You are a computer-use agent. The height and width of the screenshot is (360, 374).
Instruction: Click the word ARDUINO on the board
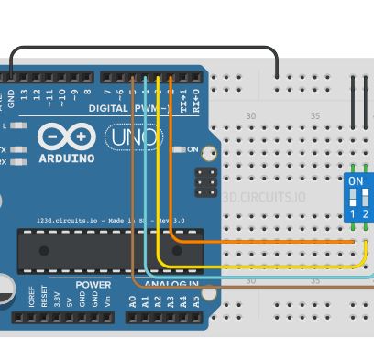pos(66,158)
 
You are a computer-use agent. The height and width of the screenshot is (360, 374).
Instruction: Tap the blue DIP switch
pos(358,196)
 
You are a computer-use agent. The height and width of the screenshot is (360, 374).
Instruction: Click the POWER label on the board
pos(93,285)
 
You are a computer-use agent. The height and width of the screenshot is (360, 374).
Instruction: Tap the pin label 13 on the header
pos(38,94)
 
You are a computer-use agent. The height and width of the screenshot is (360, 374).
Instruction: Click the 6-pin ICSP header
pos(206,180)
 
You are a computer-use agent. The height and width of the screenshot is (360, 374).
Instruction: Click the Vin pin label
pos(107,300)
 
